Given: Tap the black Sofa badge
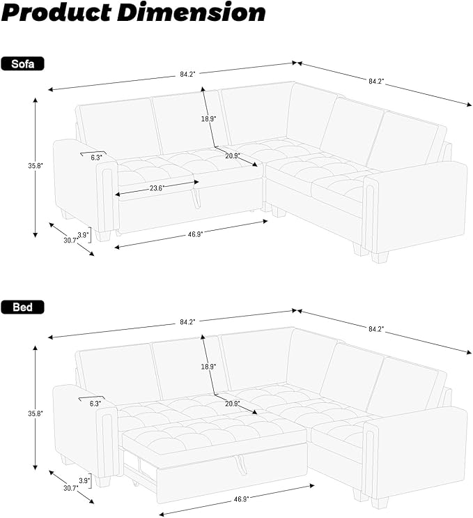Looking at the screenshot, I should click(23, 64).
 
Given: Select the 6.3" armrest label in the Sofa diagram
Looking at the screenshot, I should click(96, 158).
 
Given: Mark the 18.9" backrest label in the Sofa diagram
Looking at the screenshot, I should click(208, 119).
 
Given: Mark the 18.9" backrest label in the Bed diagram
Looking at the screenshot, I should click(208, 367).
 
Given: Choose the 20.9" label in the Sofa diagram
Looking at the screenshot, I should click(233, 155).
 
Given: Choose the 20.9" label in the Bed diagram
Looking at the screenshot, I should click(233, 404).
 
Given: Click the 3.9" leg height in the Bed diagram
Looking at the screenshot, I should click(83, 481).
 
